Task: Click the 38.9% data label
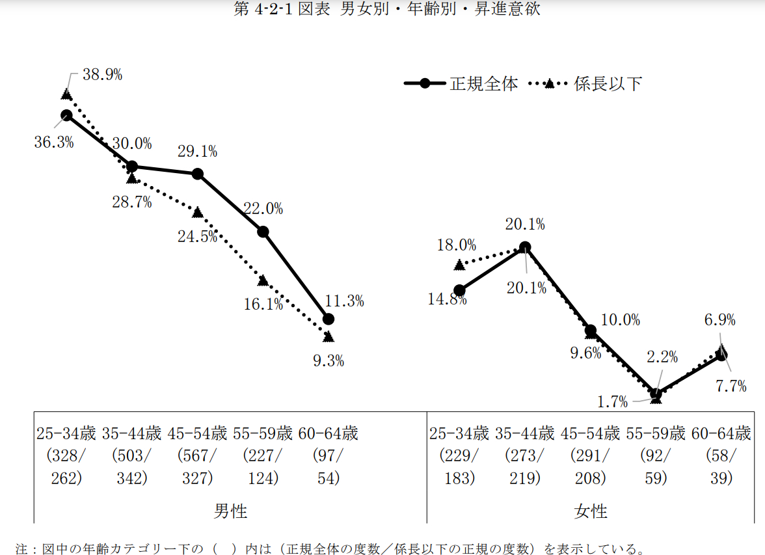[103, 75]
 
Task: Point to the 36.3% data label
[54, 142]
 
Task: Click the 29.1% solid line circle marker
[198, 174]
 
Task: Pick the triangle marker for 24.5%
[198, 212]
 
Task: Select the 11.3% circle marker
[329, 319]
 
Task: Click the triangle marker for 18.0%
[460, 264]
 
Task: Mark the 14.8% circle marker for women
[460, 290]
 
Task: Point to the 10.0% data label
[620, 320]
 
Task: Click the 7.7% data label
[731, 386]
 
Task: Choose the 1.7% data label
[613, 402]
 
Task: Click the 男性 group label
[230, 511]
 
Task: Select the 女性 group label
[591, 511]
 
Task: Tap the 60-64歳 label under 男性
[328, 433]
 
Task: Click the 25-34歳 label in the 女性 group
[459, 433]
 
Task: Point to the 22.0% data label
[263, 209]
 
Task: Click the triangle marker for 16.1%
[263, 280]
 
